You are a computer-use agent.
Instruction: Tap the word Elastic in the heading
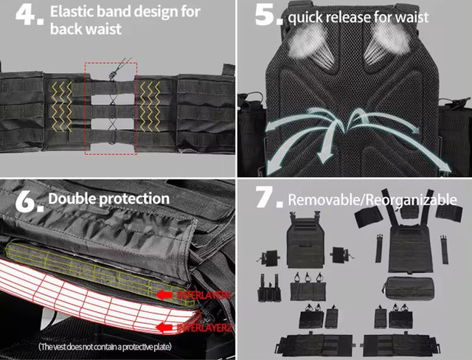tap(73, 13)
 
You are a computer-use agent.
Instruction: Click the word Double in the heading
tap(71, 199)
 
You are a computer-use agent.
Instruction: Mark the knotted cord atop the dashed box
tap(112, 73)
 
